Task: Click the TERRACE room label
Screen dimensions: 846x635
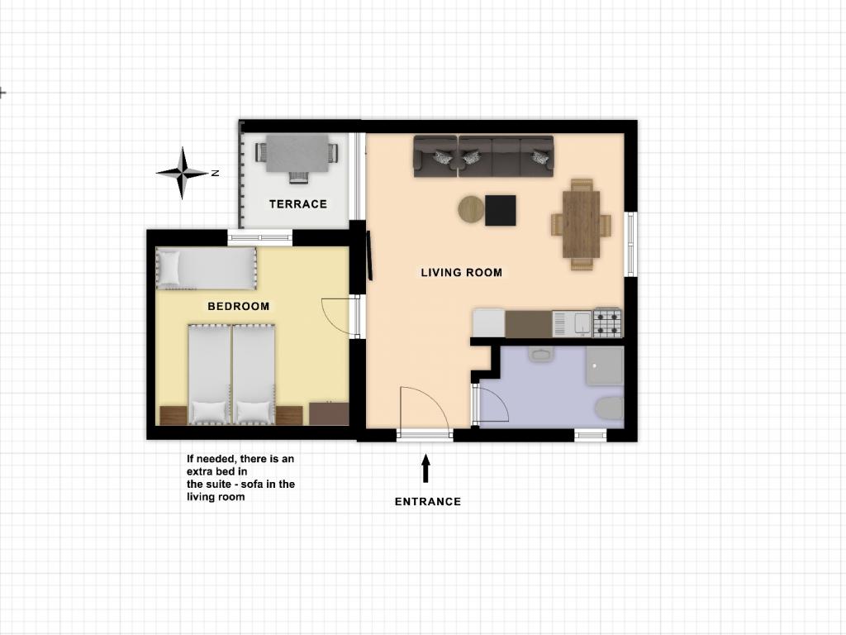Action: click(297, 204)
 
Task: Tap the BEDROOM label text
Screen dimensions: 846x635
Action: click(239, 306)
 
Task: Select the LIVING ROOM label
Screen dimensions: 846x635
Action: click(461, 273)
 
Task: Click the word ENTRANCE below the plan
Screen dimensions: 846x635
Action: click(428, 502)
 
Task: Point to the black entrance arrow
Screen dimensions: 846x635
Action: click(425, 468)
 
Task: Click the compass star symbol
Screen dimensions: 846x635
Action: click(183, 173)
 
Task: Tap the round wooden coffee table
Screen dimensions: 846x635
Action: click(471, 209)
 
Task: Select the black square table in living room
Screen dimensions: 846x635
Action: click(500, 211)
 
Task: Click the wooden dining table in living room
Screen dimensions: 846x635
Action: click(581, 224)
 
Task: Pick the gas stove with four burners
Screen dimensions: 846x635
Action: click(607, 322)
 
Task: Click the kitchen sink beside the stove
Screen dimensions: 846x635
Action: click(573, 324)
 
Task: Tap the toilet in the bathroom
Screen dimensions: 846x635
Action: click(610, 408)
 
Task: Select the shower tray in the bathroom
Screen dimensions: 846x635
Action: click(605, 365)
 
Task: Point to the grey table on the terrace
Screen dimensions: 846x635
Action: click(297, 153)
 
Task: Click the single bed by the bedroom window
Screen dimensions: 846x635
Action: click(206, 269)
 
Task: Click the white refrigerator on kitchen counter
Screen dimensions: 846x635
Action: click(489, 323)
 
